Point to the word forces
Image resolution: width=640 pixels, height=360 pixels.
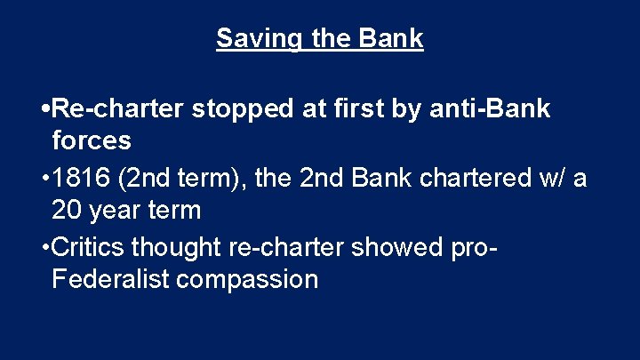[x=92, y=140]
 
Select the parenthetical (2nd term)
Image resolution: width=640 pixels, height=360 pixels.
[x=186, y=179]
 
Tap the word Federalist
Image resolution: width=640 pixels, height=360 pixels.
[x=110, y=279]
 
